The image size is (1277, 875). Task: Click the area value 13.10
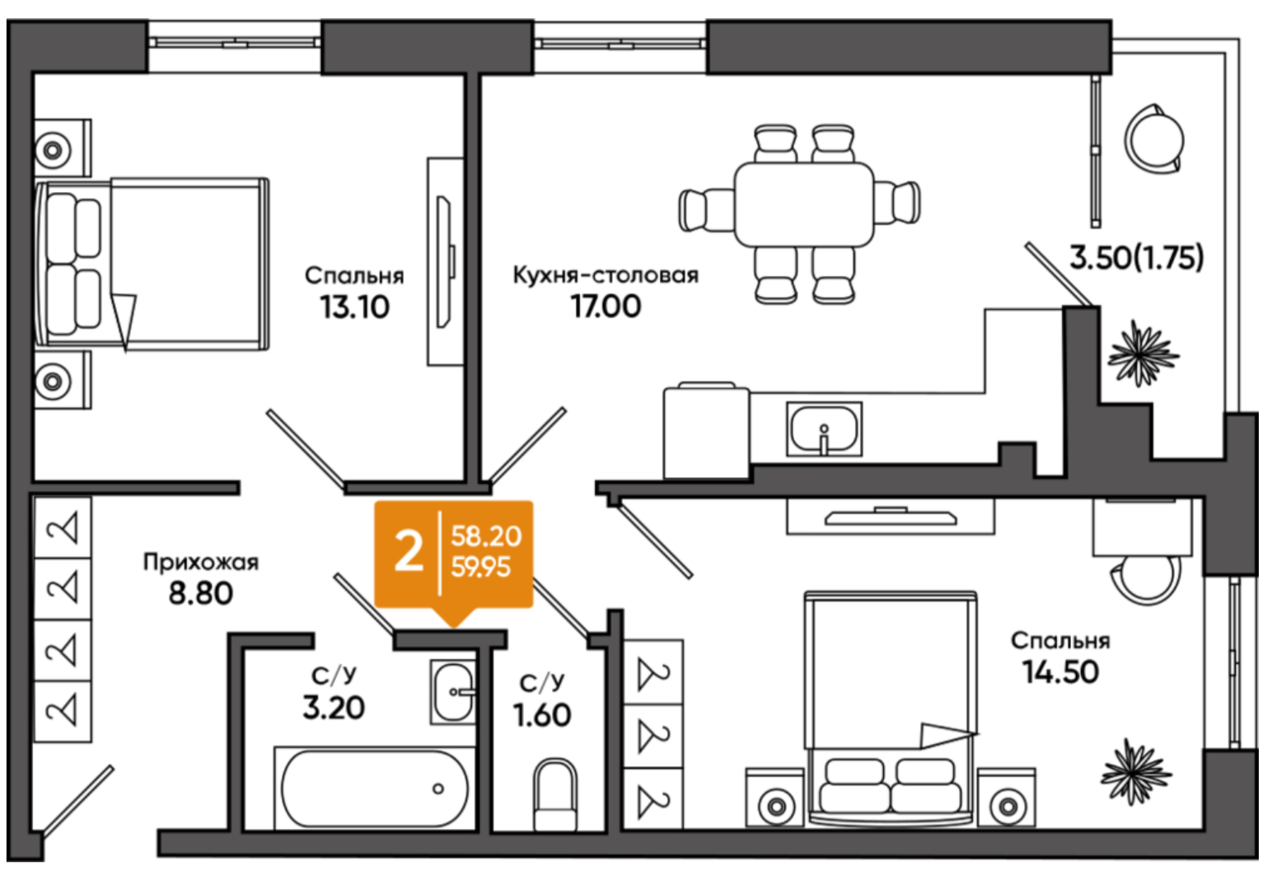[x=354, y=307]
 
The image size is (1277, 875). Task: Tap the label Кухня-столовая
[x=606, y=275]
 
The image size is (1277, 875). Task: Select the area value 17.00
[x=606, y=306]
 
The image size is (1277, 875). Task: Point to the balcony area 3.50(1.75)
[x=1136, y=257]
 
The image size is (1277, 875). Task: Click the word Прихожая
[x=201, y=563]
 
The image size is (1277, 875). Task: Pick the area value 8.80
[x=201, y=593]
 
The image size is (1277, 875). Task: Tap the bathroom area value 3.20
[x=334, y=708]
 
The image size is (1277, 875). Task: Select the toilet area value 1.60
[x=541, y=715]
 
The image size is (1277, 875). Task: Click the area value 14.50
[x=1060, y=671]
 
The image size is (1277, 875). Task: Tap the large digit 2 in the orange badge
[x=409, y=552]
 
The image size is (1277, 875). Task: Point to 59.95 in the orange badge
[x=480, y=567]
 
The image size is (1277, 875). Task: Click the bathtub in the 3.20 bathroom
[x=375, y=788]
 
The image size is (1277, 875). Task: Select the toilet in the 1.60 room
[x=555, y=794]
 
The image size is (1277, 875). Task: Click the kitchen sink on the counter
[x=824, y=428]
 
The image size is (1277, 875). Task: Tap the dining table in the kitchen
[x=804, y=204]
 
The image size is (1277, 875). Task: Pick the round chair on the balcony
[x=1154, y=138]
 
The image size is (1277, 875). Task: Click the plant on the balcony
[x=1142, y=354]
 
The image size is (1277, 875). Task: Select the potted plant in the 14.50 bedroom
[x=1135, y=772]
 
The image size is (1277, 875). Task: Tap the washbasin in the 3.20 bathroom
[x=453, y=692]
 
